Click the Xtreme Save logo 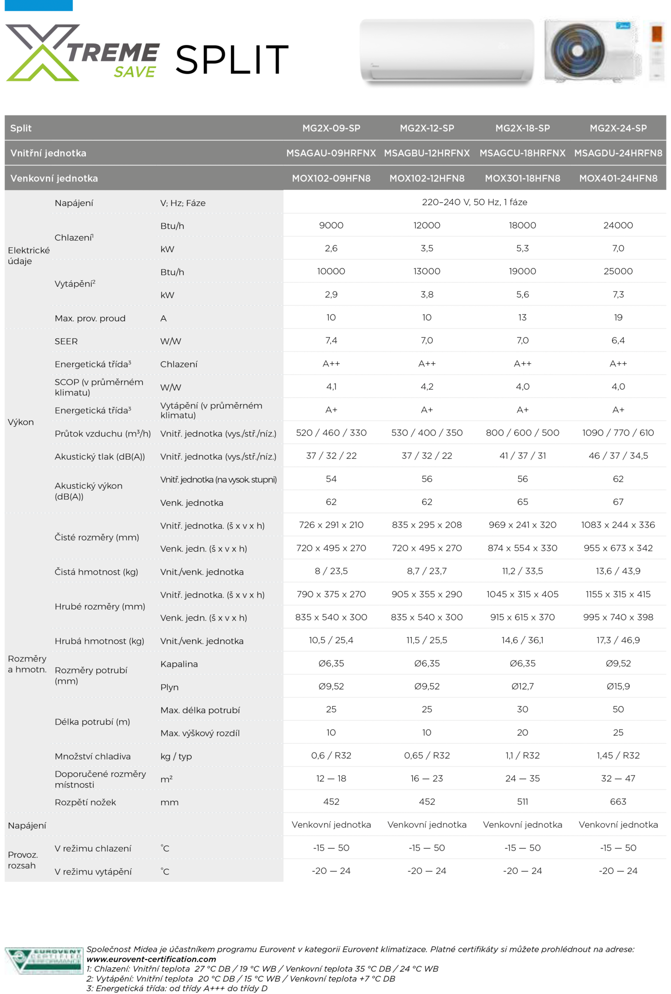[x=82, y=54]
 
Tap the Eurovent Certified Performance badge [x=44, y=960]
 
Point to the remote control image [x=655, y=53]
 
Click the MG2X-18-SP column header [x=522, y=128]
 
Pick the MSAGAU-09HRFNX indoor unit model [x=331, y=153]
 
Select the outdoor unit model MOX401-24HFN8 [x=618, y=178]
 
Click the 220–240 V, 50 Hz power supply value [x=474, y=202]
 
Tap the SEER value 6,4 [x=618, y=340]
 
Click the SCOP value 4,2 [x=427, y=386]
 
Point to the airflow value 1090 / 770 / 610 [x=618, y=433]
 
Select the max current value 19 [x=618, y=317]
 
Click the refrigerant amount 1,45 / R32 [x=618, y=755]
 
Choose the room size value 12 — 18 [x=331, y=778]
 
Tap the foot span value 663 [x=618, y=801]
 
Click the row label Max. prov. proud [x=90, y=318]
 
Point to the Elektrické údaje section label [x=29, y=255]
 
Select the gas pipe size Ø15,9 [x=618, y=686]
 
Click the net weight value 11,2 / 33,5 [x=522, y=571]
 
